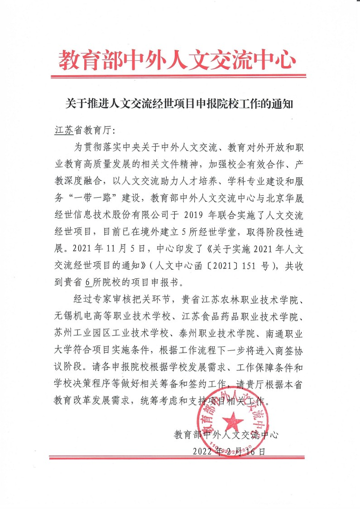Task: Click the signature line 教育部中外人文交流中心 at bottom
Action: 226,435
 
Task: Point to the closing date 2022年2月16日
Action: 229,451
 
